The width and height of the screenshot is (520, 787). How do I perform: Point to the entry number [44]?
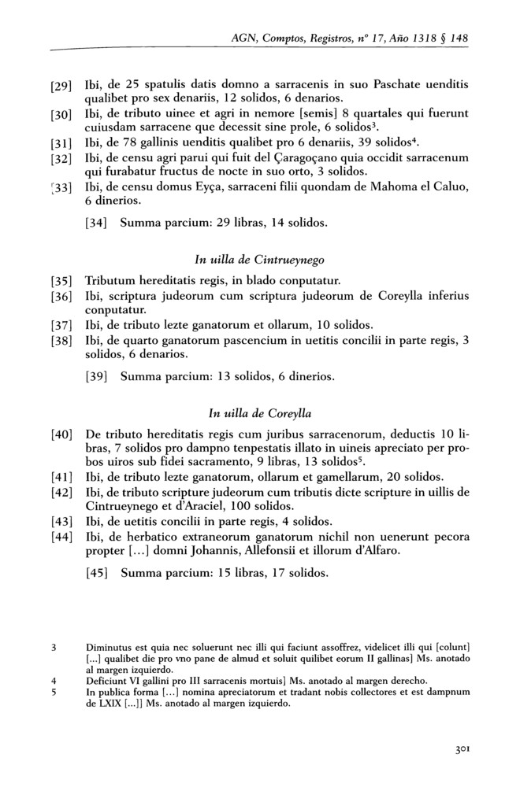(x=61, y=537)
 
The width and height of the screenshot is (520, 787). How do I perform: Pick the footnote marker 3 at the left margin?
(x=51, y=648)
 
